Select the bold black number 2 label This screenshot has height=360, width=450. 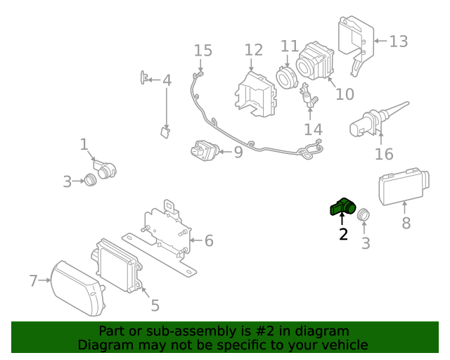[343, 235]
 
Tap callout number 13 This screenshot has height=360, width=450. [398, 41]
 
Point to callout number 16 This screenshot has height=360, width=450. [383, 154]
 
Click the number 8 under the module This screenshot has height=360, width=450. [406, 224]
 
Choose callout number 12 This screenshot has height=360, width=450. [253, 50]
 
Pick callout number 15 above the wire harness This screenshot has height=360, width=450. [202, 51]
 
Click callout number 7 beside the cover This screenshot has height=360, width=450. [33, 281]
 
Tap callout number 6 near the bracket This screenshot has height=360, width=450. [208, 241]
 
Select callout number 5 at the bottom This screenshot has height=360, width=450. [155, 305]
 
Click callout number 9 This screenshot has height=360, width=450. [238, 151]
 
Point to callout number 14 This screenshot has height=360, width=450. [313, 129]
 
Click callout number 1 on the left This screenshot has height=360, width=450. [84, 145]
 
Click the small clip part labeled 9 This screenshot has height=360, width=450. [203, 150]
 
